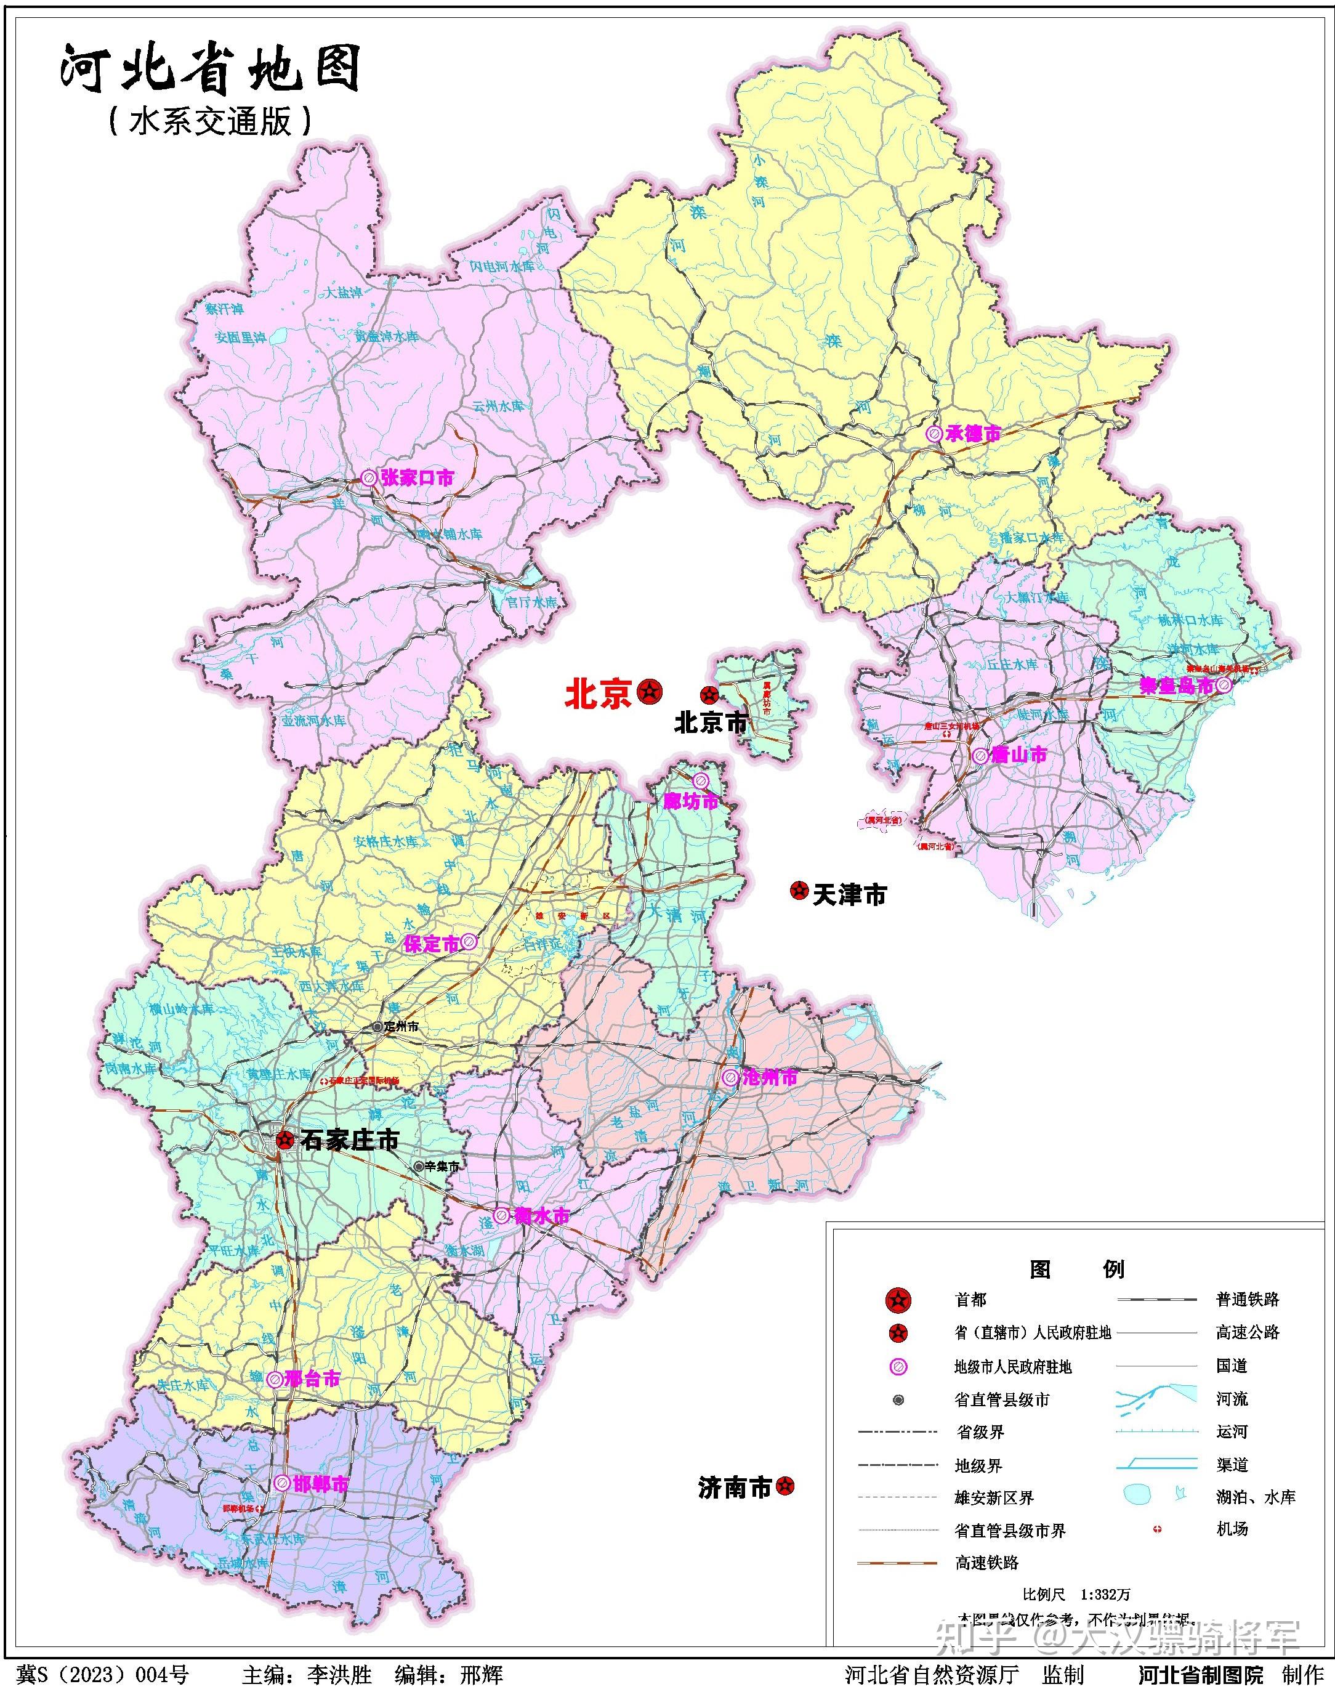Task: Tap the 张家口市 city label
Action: [417, 478]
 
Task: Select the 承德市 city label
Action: [972, 433]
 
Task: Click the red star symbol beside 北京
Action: [650, 691]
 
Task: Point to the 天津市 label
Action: [850, 894]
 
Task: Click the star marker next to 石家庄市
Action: [285, 1140]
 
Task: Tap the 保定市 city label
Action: [430, 944]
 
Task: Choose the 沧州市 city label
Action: [769, 1077]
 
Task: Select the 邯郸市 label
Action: [320, 1484]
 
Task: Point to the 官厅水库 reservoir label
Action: [531, 603]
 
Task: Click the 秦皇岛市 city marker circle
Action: [1223, 686]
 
